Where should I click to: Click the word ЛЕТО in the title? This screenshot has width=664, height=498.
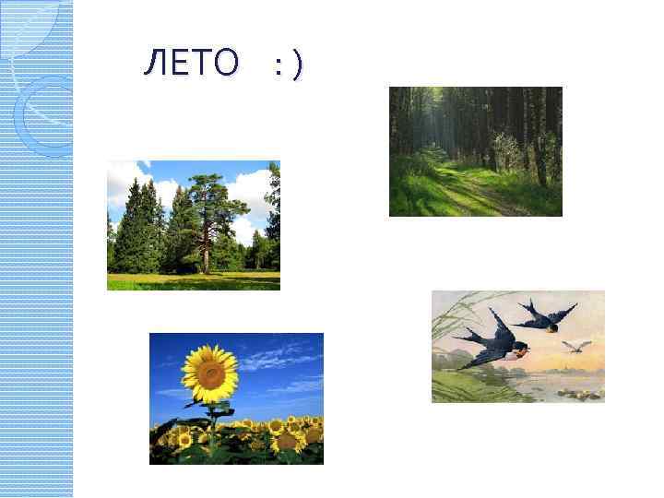(x=191, y=64)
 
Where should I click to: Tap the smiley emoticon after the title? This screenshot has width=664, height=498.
(x=287, y=65)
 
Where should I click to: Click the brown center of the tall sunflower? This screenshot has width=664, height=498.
(x=210, y=373)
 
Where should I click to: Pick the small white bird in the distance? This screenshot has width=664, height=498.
(x=577, y=346)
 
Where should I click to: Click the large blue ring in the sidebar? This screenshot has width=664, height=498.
(x=41, y=115)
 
